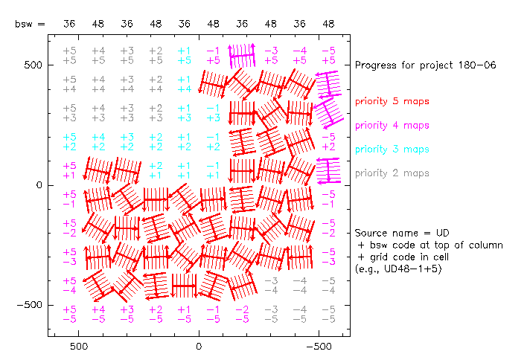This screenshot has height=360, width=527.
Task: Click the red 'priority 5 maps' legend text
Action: (x=392, y=101)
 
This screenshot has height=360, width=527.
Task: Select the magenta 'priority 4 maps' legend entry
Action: (x=392, y=125)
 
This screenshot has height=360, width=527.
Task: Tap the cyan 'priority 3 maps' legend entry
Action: (x=392, y=150)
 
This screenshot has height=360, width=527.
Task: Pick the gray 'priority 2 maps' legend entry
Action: (x=392, y=173)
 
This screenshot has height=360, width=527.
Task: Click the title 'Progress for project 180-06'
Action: (x=426, y=65)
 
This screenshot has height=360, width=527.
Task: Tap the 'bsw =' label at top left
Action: (x=30, y=24)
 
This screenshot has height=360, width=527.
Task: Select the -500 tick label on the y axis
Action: (x=29, y=305)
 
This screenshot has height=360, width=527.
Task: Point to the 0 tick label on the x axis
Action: (x=199, y=347)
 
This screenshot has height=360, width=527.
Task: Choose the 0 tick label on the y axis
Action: (x=39, y=185)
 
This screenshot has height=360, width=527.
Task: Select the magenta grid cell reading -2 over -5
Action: (x=242, y=314)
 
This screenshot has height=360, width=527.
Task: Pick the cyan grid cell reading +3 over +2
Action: (x=127, y=141)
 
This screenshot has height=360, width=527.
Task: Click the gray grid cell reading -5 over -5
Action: (x=328, y=314)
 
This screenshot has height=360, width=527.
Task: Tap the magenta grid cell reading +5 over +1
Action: (x=69, y=170)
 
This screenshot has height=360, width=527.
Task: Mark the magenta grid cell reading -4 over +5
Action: (x=299, y=55)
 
